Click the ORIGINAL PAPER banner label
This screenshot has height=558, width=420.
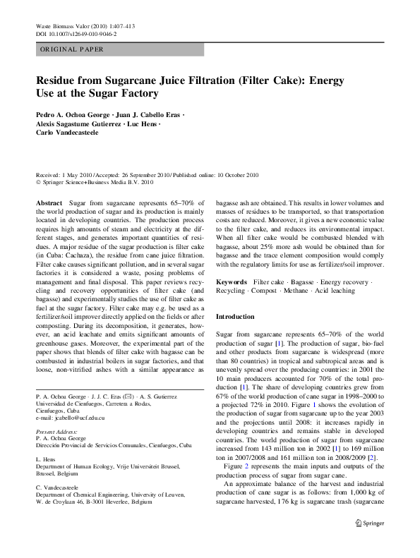click(72, 49)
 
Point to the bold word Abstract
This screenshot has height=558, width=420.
click(49, 202)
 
